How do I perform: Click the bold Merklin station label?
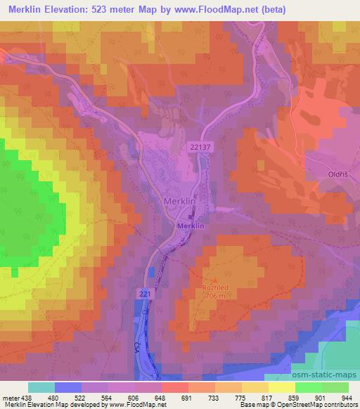[191, 226]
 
